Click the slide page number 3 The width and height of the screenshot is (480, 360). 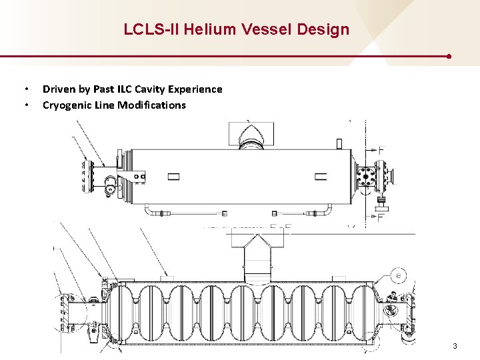(x=455, y=346)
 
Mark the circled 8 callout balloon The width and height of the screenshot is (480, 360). (x=398, y=275)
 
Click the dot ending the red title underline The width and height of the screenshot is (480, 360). (x=449, y=57)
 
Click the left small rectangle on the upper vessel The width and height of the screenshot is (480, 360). (x=173, y=177)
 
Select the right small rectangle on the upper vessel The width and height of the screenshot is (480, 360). (x=321, y=177)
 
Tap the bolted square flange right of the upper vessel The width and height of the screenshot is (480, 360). (x=366, y=177)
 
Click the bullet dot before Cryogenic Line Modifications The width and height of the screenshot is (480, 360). (x=26, y=105)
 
